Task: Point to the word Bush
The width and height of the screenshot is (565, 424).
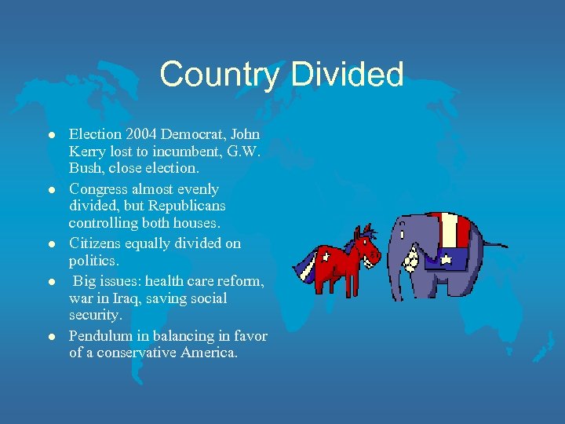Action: [x=86, y=168]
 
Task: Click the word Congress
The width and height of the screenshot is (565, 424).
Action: [x=101, y=189]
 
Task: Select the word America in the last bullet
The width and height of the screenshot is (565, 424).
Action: [x=210, y=353]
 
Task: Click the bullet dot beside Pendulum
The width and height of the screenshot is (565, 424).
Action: [x=51, y=336]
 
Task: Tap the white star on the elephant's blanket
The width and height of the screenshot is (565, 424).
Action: [x=445, y=256]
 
